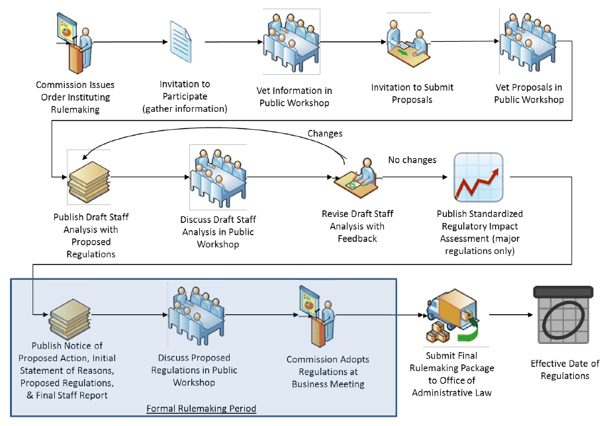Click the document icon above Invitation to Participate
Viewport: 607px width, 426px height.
[x=182, y=43]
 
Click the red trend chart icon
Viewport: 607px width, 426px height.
[x=478, y=177]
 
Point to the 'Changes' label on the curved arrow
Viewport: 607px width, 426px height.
[x=324, y=134]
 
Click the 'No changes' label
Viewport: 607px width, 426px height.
[x=412, y=160]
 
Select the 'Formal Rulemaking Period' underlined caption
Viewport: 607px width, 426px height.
[x=201, y=408]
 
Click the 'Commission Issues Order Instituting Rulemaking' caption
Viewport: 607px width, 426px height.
[x=75, y=97]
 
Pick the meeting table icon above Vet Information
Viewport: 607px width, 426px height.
[x=292, y=41]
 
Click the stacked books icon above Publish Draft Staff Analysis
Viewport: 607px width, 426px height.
[x=87, y=177]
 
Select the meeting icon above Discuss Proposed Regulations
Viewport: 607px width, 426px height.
[x=197, y=312]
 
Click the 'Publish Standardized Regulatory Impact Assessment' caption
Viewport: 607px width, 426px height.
[x=479, y=232]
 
